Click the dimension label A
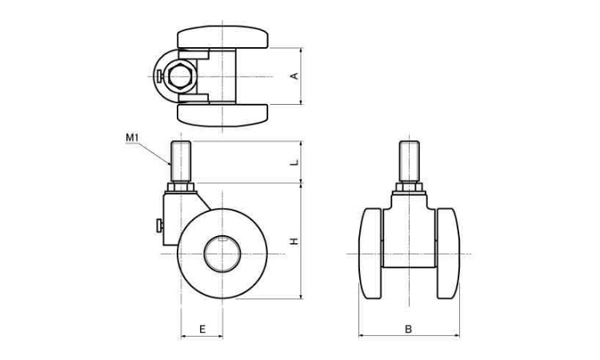(294, 76)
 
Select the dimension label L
(294, 162)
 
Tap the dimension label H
(294, 241)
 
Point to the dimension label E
(202, 329)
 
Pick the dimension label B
(408, 329)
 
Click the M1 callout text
(132, 138)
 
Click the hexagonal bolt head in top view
(179, 77)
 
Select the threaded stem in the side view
(181, 161)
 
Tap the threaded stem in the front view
(409, 161)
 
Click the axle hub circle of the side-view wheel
(222, 254)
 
